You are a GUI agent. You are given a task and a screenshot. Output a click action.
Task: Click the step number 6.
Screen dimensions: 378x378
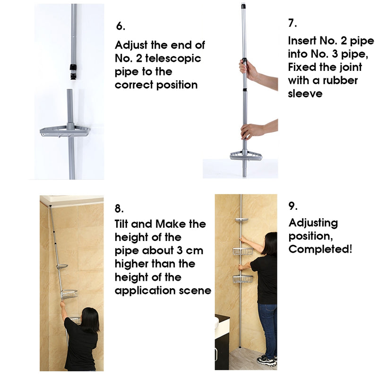[120, 26]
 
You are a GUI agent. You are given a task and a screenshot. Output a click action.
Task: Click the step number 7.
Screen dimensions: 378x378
[293, 22]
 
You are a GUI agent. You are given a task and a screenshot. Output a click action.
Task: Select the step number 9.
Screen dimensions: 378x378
[293, 206]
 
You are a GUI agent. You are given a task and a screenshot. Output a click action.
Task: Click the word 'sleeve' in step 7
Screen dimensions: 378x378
[305, 93]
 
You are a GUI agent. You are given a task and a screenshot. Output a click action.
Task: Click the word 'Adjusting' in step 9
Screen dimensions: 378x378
[313, 223]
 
